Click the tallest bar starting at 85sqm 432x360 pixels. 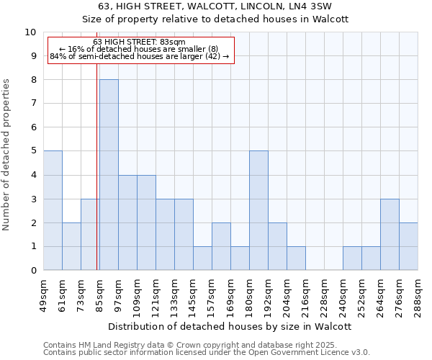pos(109,175)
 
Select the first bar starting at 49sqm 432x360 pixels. pos(53,210)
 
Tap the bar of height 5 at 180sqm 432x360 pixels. pos(258,210)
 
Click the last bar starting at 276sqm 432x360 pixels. pos(408,246)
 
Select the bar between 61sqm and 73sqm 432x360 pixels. pos(71,246)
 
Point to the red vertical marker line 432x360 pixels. pos(97,166)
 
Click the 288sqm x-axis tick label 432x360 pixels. pos(418,295)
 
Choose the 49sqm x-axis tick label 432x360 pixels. pos(43,295)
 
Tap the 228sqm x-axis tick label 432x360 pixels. pos(305,295)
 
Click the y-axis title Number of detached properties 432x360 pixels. pos(7,155)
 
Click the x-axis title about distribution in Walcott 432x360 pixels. pos(230,326)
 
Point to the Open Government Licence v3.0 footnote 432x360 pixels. pos(207,353)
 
